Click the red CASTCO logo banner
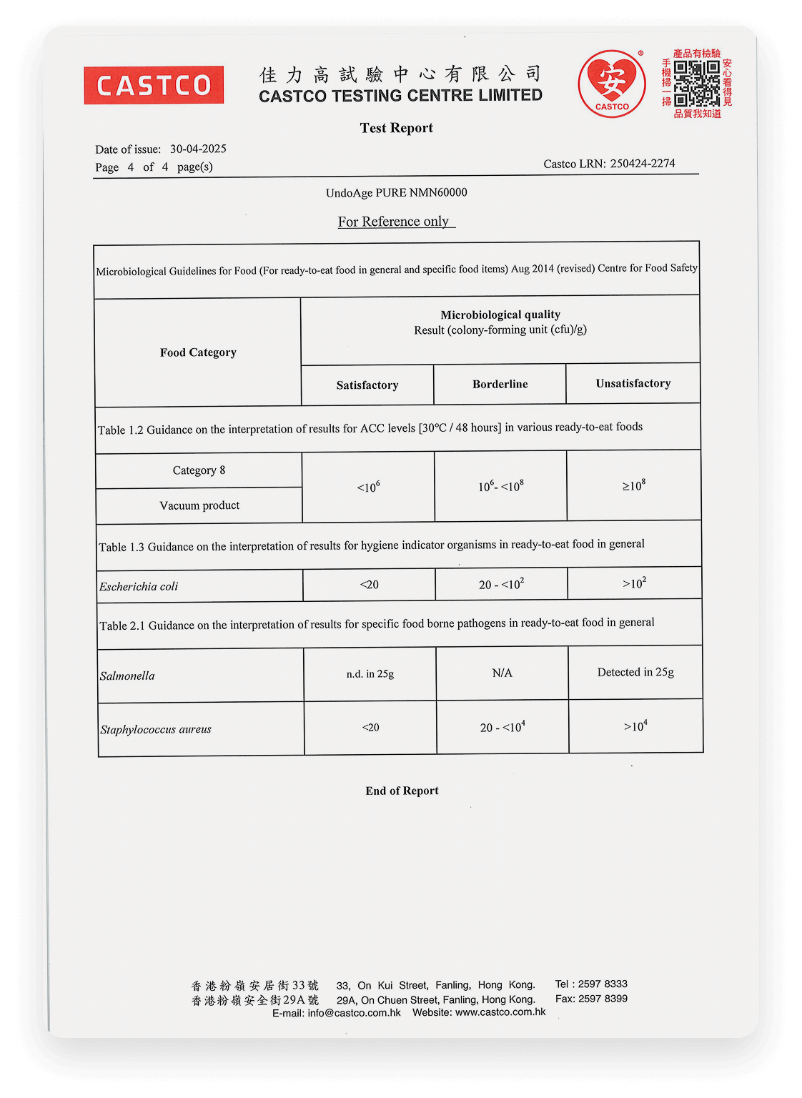click(154, 85)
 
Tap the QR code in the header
click(697, 83)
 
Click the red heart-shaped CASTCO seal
click(612, 84)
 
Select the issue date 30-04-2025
click(198, 149)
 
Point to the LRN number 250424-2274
click(642, 164)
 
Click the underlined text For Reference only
click(394, 222)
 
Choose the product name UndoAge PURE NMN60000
click(397, 192)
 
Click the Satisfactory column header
click(367, 385)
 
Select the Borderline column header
click(500, 384)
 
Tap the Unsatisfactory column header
click(633, 383)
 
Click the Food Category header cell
click(198, 352)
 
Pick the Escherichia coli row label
click(139, 586)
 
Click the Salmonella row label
click(127, 676)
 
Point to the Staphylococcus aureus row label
click(156, 729)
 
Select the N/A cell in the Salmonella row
click(503, 673)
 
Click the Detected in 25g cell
click(635, 672)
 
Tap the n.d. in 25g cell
click(370, 673)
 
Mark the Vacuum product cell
click(199, 505)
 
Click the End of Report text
click(402, 791)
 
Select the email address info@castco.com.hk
click(354, 1013)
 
